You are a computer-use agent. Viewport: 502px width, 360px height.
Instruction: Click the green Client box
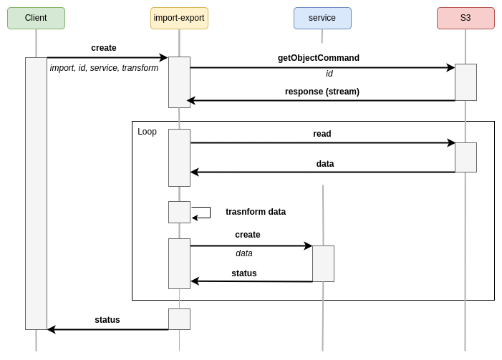pyautogui.click(x=36, y=18)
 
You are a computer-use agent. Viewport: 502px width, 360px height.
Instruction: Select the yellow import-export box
pyautogui.click(x=179, y=18)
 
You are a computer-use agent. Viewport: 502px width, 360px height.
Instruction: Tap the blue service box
pyautogui.click(x=322, y=18)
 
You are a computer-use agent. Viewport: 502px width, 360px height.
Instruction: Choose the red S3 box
pyautogui.click(x=465, y=18)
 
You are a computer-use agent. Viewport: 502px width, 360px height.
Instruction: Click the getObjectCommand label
pyautogui.click(x=318, y=58)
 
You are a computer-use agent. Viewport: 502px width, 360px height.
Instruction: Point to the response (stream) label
pyautogui.click(x=322, y=92)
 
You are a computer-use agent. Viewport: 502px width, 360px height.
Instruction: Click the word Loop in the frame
pyautogui.click(x=147, y=132)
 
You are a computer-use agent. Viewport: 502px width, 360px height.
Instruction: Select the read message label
pyautogui.click(x=322, y=134)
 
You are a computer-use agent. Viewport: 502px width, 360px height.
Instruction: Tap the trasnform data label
pyautogui.click(x=255, y=212)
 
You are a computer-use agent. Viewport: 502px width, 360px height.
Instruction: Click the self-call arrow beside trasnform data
pyautogui.click(x=203, y=213)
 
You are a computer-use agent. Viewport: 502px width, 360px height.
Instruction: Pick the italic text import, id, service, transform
pyautogui.click(x=104, y=68)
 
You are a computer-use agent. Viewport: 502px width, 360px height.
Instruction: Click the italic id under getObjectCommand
pyautogui.click(x=329, y=74)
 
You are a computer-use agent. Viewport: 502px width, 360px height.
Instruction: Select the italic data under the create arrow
pyautogui.click(x=243, y=253)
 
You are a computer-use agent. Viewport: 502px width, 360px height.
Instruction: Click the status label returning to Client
pyautogui.click(x=107, y=320)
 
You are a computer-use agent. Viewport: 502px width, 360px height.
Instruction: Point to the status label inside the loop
pyautogui.click(x=243, y=273)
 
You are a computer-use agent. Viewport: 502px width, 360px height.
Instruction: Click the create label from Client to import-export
pyautogui.click(x=103, y=48)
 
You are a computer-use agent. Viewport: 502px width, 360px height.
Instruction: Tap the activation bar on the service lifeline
pyautogui.click(x=323, y=263)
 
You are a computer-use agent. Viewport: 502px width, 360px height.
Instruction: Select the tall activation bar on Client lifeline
pyautogui.click(x=36, y=193)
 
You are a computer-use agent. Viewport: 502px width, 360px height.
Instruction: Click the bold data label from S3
pyautogui.click(x=324, y=164)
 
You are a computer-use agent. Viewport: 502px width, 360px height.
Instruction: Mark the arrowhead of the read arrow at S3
pyautogui.click(x=451, y=143)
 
